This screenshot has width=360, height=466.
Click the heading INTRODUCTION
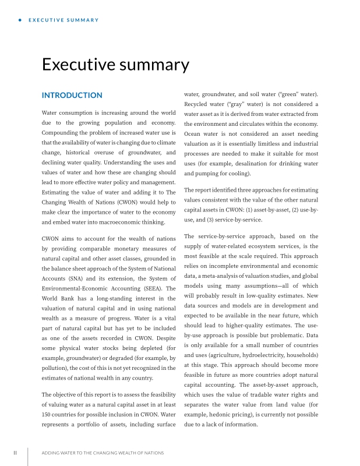[x=72, y=95]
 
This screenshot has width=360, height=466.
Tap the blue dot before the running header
[x=20, y=20]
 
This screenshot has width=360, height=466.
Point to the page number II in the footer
[x=16, y=453]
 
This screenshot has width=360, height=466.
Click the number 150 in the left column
[x=48, y=407]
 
